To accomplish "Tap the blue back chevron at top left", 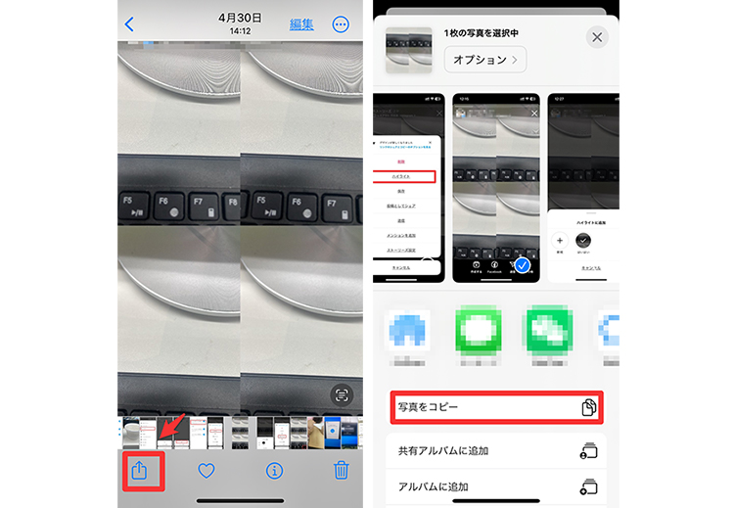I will tap(130, 23).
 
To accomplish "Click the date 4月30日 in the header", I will tap(239, 18).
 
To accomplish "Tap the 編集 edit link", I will tap(301, 24).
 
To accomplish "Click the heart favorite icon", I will tap(206, 471).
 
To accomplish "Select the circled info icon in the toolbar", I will tap(274, 471).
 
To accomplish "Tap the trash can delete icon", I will tap(341, 471).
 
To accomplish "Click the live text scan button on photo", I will tap(341, 394).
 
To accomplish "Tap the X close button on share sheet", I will tap(596, 37).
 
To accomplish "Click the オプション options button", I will tap(484, 60).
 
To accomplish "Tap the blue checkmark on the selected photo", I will tap(523, 265).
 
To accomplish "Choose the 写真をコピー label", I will tap(429, 407).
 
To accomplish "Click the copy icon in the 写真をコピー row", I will tap(588, 407).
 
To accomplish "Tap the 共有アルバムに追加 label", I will tap(443, 451).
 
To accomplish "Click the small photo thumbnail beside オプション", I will tap(408, 49).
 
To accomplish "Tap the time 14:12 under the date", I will tap(239, 32).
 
